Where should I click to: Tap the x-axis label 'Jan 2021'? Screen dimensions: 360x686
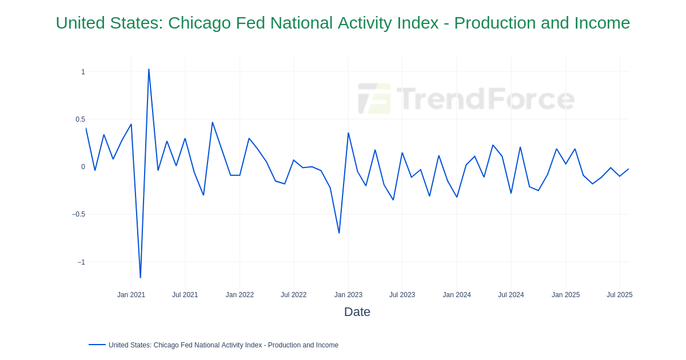pyautogui.click(x=131, y=295)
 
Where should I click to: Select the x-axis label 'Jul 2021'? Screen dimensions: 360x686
pyautogui.click(x=185, y=295)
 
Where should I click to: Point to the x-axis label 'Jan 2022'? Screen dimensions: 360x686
pyautogui.click(x=240, y=295)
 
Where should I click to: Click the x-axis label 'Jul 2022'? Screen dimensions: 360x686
pyautogui.click(x=293, y=295)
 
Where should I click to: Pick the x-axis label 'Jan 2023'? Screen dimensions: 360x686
pyautogui.click(x=348, y=295)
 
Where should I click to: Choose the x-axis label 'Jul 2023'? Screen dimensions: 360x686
pyautogui.click(x=402, y=295)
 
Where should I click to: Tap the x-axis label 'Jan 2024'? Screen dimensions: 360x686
pyautogui.click(x=457, y=295)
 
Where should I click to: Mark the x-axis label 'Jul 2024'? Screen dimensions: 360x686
pyautogui.click(x=510, y=295)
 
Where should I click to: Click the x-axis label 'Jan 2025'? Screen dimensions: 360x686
pyautogui.click(x=565, y=295)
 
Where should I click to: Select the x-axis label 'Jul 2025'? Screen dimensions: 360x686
pyautogui.click(x=619, y=295)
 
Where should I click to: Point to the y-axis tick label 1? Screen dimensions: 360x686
pyautogui.click(x=83, y=72)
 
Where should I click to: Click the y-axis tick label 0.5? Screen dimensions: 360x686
pyautogui.click(x=80, y=119)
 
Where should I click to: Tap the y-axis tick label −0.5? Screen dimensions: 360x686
pyautogui.click(x=78, y=214)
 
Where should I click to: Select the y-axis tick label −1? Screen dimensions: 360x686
pyautogui.click(x=81, y=262)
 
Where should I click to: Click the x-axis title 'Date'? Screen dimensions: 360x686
pyautogui.click(x=357, y=312)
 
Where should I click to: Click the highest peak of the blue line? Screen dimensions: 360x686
pyautogui.click(x=149, y=70)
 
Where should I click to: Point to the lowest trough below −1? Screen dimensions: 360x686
pyautogui.click(x=140, y=278)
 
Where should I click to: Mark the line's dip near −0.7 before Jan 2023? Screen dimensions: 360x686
pyautogui.click(x=339, y=233)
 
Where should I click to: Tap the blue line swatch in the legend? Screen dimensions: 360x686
pyautogui.click(x=97, y=345)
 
